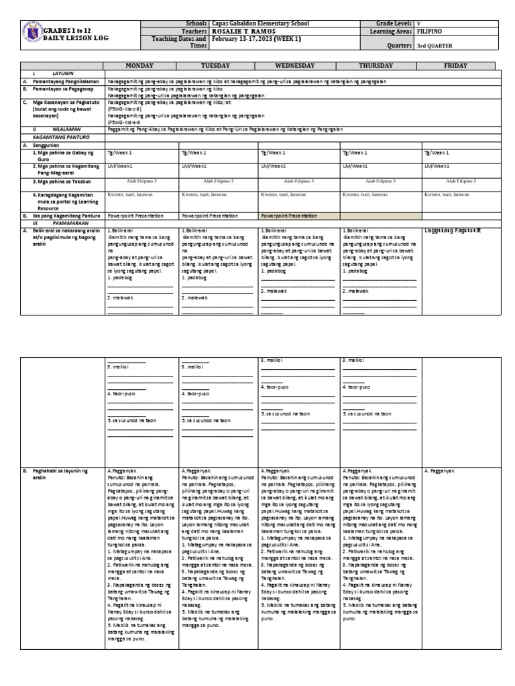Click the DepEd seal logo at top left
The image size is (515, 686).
click(32, 35)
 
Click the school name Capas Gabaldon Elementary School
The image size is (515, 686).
click(260, 23)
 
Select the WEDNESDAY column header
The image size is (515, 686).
click(299, 66)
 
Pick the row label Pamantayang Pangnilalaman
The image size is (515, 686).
click(60, 80)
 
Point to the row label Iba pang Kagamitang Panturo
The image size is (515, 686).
click(64, 216)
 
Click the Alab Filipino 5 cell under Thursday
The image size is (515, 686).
click(380, 181)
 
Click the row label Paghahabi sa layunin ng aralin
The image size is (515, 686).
click(60, 475)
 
